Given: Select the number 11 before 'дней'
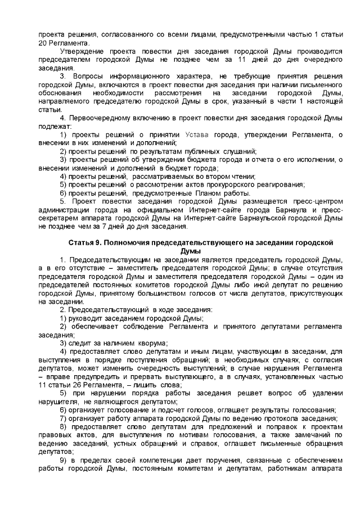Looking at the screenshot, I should pyautogui.click(x=238, y=60).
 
